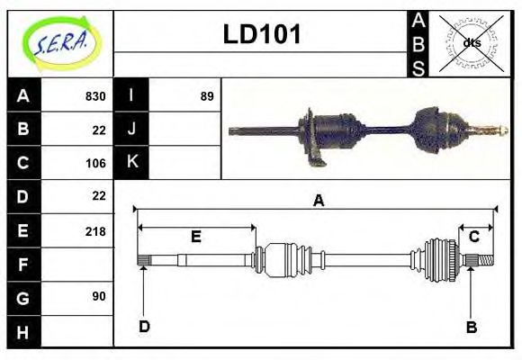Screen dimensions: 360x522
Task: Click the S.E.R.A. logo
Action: point(60,43)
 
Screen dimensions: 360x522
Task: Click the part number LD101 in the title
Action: point(262,35)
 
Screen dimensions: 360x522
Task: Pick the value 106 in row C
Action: point(95,163)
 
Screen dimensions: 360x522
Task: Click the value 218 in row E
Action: point(95,230)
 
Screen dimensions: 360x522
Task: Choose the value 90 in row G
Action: point(98,296)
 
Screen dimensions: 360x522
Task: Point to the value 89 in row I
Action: point(207,96)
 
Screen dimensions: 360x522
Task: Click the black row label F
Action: point(22,265)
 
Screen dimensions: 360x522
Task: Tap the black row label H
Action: point(22,331)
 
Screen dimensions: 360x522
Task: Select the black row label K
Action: point(131,163)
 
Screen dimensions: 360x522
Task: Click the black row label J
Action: point(131,130)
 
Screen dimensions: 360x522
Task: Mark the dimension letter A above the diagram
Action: point(317,202)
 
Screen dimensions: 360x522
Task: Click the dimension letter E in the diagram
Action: point(195,236)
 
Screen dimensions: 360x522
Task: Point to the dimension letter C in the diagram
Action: point(473,237)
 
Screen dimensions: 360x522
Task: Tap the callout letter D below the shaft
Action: point(144,326)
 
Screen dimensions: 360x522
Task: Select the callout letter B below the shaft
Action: point(471,326)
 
